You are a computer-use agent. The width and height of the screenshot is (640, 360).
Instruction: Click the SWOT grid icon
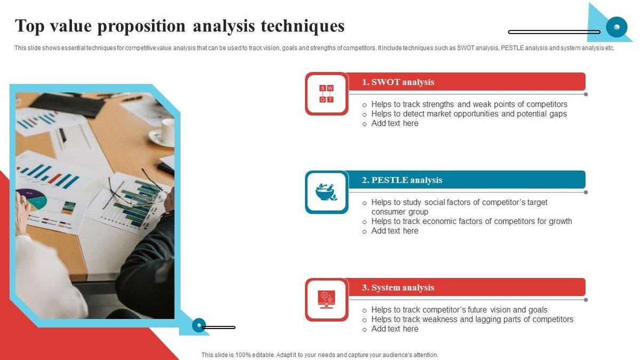(326, 94)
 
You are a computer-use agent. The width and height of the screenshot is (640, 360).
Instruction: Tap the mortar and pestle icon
(326, 192)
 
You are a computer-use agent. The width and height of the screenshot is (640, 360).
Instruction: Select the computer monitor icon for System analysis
(326, 299)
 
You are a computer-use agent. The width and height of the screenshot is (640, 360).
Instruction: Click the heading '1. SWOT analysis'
(398, 82)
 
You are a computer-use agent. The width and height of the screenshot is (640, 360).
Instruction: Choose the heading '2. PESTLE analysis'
(402, 180)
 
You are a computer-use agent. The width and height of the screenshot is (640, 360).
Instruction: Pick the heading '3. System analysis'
(398, 287)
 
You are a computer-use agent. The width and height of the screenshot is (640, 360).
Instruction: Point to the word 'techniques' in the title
(302, 26)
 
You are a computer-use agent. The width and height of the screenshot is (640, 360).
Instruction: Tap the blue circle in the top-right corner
(617, 26)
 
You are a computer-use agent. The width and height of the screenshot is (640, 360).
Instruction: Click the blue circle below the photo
(199, 325)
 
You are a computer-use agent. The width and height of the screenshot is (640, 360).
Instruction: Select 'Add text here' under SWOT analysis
(395, 124)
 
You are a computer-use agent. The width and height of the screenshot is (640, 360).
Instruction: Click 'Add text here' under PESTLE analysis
(395, 231)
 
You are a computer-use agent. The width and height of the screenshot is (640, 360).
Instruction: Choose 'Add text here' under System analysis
(395, 329)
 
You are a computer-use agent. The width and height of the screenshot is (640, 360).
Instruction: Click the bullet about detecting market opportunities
(469, 114)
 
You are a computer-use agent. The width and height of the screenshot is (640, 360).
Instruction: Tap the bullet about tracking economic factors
(471, 221)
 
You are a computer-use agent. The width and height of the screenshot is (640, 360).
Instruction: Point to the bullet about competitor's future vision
(459, 310)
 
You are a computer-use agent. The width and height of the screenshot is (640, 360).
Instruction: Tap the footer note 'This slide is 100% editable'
(319, 355)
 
